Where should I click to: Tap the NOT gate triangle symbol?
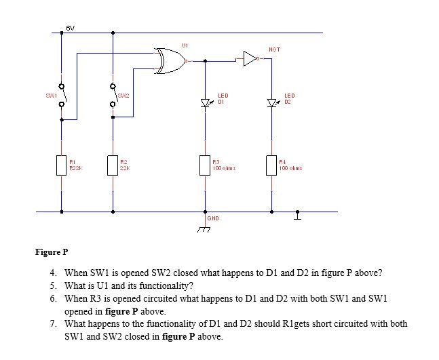pos(250,60)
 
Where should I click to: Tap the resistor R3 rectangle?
pos(204,164)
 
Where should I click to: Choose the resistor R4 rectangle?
pos(272,164)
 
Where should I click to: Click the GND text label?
pos(213,218)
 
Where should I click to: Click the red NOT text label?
pos(274,49)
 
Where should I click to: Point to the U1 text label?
pos(185,45)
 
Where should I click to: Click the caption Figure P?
pos(52,252)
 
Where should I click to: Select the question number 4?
pos(53,273)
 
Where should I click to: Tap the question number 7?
pos(53,323)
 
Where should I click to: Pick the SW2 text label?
pos(123,96)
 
